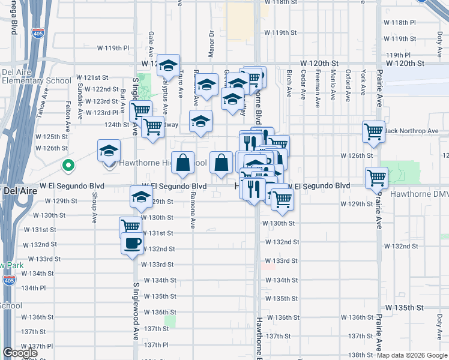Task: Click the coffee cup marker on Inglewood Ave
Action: tap(132, 244)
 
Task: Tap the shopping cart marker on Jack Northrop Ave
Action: tap(373, 131)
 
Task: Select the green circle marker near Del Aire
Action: tap(68, 164)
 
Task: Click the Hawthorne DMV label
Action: tap(419, 194)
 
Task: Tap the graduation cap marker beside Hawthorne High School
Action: tap(109, 150)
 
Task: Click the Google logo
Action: tap(20, 353)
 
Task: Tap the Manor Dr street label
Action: tap(211, 41)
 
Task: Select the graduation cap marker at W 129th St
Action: tap(141, 196)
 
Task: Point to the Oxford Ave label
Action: tap(348, 83)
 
